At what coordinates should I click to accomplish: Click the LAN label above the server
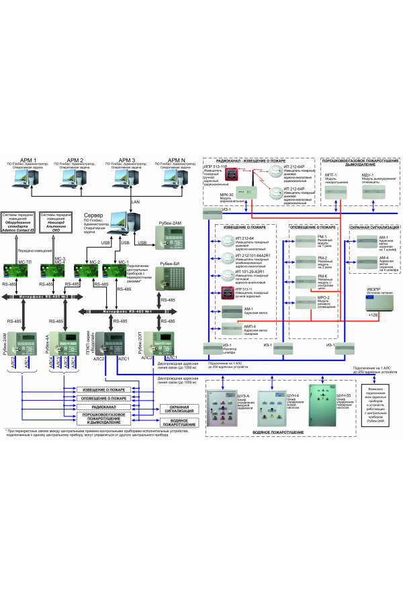[136, 201]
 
